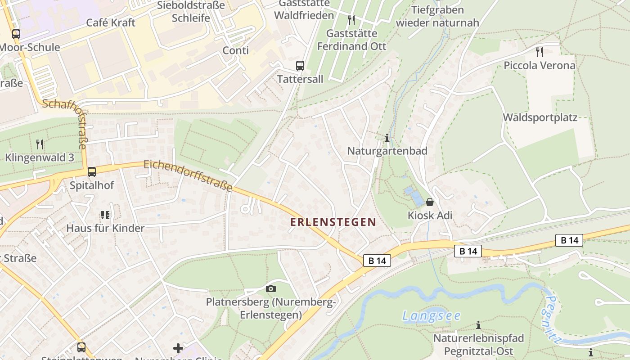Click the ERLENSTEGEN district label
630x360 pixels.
[333, 222]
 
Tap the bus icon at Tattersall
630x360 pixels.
[300, 66]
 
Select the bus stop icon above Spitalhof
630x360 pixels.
[92, 171]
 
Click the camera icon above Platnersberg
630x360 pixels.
[271, 288]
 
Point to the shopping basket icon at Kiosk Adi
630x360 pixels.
[430, 202]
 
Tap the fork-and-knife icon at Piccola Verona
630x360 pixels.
[540, 52]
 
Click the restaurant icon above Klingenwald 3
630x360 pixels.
[40, 144]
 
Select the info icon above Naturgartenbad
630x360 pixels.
[387, 138]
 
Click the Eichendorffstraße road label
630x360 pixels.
[188, 175]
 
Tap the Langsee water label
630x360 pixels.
[432, 316]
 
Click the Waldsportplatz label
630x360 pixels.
[540, 117]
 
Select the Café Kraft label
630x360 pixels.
[111, 22]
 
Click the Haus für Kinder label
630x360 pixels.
[105, 228]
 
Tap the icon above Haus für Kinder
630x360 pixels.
[105, 215]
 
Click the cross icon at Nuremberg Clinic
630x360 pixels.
[178, 348]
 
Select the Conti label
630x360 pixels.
[236, 50]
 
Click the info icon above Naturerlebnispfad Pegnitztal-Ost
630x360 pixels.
[478, 325]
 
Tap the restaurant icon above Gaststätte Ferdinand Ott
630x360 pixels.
[351, 20]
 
